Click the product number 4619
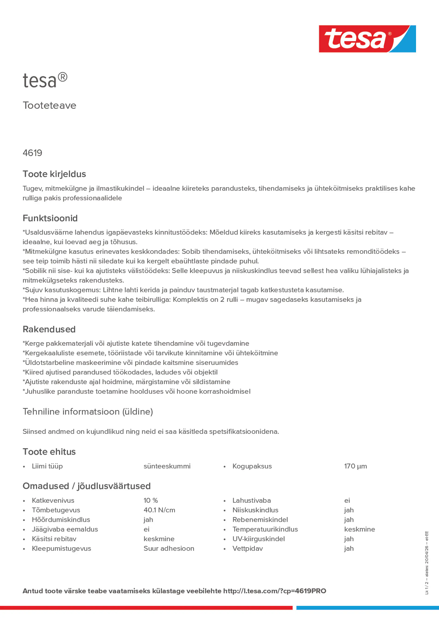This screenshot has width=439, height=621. point(33,153)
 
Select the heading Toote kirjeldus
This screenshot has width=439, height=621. point(54,174)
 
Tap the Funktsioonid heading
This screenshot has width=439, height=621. point(50,218)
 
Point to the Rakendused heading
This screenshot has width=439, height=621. point(49,329)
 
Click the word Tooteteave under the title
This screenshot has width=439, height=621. point(49,105)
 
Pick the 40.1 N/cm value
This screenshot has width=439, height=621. point(159,510)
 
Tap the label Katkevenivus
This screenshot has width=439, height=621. point(53,500)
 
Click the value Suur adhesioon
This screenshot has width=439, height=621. point(169,548)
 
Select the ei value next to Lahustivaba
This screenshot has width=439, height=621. point(347,500)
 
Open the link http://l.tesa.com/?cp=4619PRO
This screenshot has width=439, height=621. point(275,591)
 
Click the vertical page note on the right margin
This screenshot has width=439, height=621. point(427,563)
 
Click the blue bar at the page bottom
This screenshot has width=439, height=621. point(367,608)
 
